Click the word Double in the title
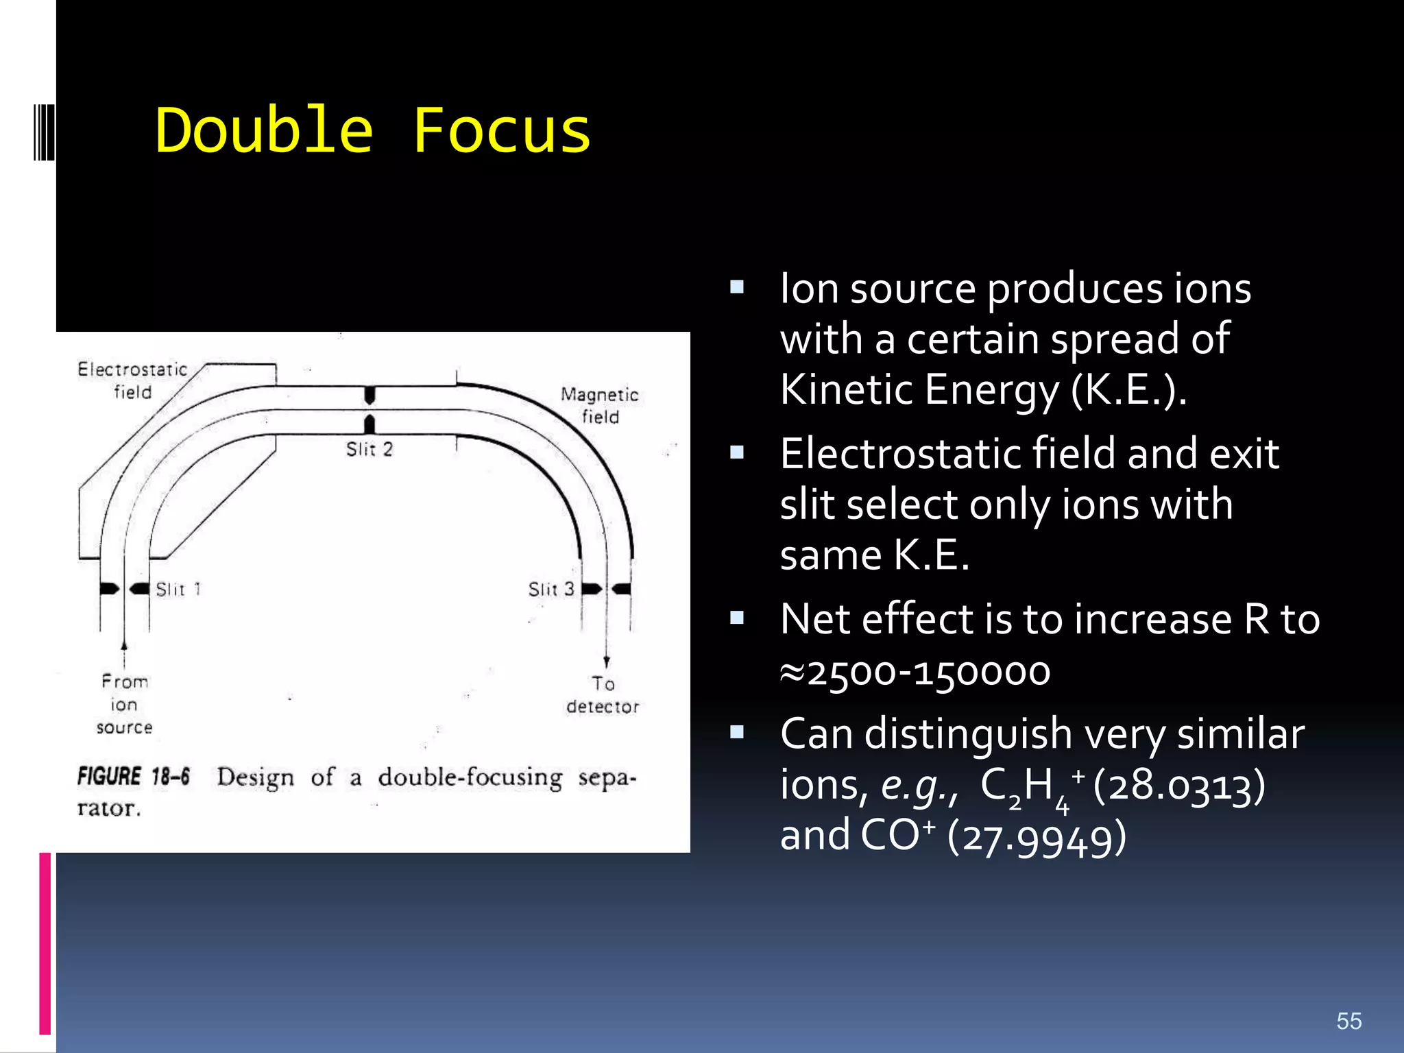coord(264,130)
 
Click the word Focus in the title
coord(501,130)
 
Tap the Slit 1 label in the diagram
coord(178,590)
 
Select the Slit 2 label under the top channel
coord(370,450)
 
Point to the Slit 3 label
coord(551,590)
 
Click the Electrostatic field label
coord(132,380)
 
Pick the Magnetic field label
coord(600,405)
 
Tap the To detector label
coord(603,695)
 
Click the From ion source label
coord(124,704)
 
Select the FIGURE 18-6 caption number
coord(134,777)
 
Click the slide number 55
coord(1348,1021)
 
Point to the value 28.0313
coord(1179,786)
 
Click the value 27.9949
coord(1037,838)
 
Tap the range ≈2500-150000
coord(915,672)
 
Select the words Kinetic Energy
coord(920,389)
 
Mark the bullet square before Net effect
coord(737,618)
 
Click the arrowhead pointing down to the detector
coord(607,662)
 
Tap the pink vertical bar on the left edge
coord(45,943)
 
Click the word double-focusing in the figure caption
coord(470,778)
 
